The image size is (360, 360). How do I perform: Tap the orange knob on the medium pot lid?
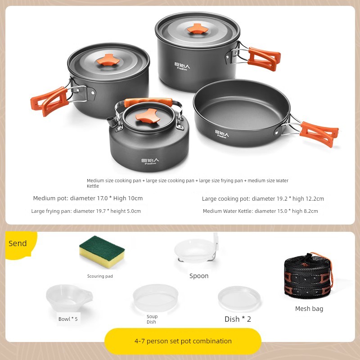click(x=108, y=59)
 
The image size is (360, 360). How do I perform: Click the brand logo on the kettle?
click(x=150, y=161)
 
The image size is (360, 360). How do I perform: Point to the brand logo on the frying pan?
click(x=221, y=134)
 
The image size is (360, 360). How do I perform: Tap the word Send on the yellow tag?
click(x=18, y=243)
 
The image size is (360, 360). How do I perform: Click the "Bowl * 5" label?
click(x=68, y=319)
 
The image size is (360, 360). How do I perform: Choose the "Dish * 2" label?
click(x=238, y=319)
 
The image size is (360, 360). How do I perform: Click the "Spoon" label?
click(x=199, y=276)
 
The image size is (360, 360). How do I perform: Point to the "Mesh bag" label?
click(x=309, y=309)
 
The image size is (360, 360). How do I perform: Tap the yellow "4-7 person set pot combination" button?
click(x=183, y=341)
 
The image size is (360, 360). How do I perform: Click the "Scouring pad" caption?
click(x=100, y=276)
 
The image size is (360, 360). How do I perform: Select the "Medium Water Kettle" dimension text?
click(x=260, y=211)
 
